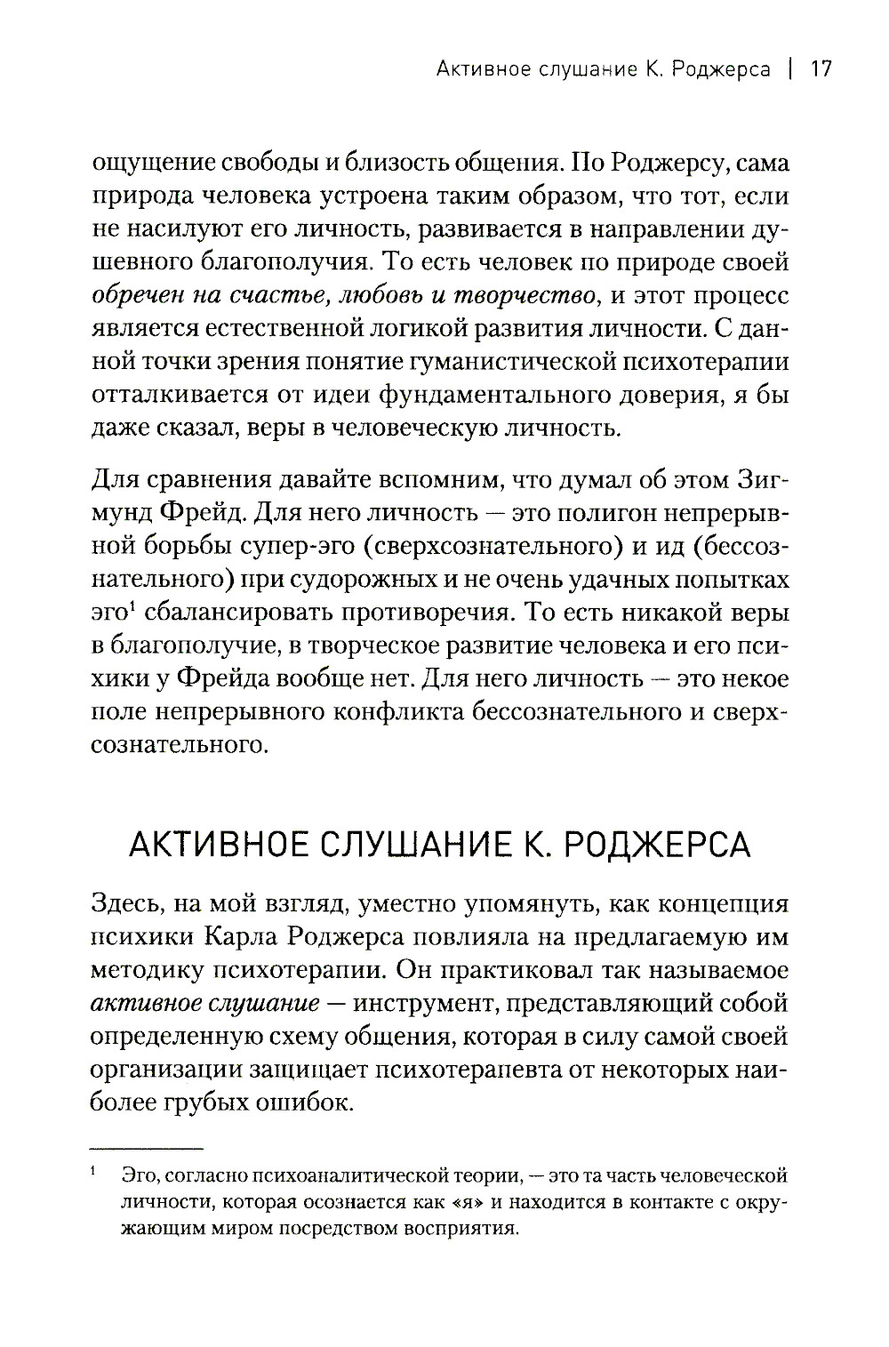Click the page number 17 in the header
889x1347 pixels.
[x=820, y=69]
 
